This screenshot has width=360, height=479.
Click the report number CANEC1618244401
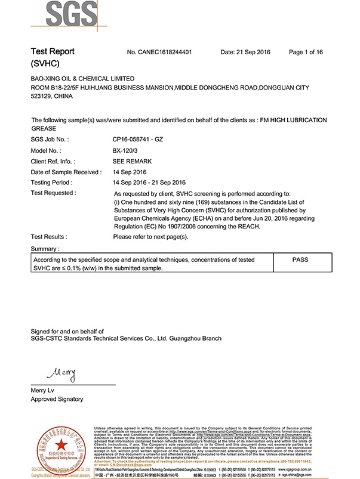(x=159, y=52)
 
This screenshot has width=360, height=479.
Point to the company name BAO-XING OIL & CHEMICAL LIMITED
(x=82, y=79)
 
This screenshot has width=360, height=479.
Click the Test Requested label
(x=53, y=193)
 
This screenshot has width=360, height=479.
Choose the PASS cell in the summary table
(x=300, y=260)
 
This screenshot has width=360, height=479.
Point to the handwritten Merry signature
(x=61, y=375)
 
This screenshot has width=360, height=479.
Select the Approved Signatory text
(x=57, y=399)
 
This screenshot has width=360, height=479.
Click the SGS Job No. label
(x=50, y=139)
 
